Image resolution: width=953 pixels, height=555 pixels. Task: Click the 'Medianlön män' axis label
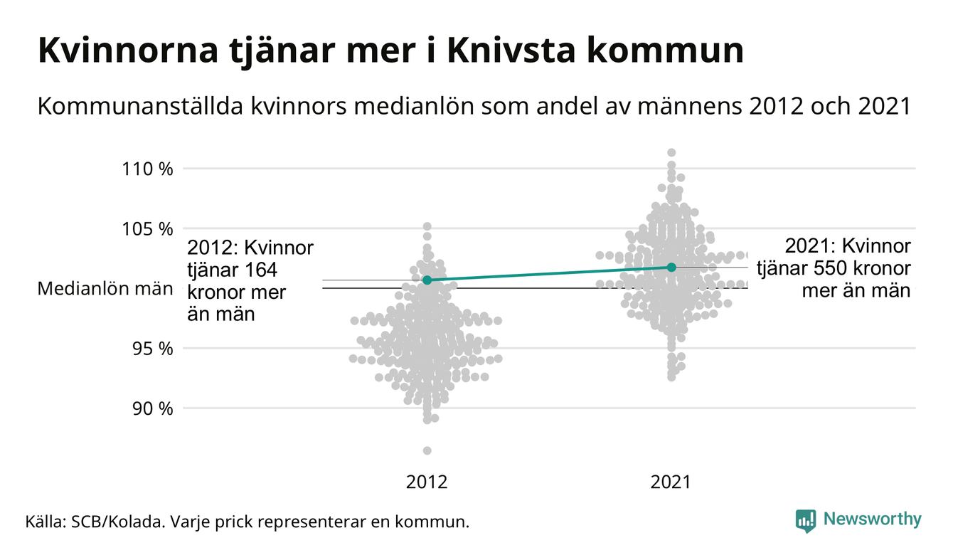click(105, 289)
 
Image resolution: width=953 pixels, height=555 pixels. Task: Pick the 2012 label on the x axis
click(427, 482)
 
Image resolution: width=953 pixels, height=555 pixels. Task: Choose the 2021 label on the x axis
click(671, 482)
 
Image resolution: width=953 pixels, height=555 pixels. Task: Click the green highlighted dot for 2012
click(427, 280)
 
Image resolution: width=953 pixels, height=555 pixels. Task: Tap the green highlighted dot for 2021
click(671, 267)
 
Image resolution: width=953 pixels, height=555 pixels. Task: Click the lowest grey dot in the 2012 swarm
click(427, 450)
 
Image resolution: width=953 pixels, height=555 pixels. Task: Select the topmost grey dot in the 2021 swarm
click(671, 152)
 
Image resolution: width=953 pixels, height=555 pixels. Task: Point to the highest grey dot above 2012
click(427, 226)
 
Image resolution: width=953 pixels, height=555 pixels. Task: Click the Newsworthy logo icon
click(805, 520)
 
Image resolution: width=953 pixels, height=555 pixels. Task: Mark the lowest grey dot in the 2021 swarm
click(671, 377)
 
